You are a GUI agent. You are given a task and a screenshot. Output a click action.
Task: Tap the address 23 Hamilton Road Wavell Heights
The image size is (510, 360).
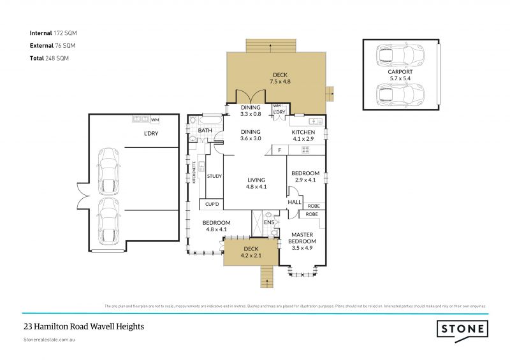coord(83,326)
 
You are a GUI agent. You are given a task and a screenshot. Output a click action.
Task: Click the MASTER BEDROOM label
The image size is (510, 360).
coord(302,238)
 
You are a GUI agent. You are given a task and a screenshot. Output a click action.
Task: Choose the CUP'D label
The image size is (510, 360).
coord(212,205)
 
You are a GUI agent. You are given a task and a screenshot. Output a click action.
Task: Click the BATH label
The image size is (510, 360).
coord(205,131)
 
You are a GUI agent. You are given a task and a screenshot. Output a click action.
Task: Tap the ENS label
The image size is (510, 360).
coord(268,223)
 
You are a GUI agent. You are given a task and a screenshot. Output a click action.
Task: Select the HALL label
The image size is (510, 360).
coord(295,202)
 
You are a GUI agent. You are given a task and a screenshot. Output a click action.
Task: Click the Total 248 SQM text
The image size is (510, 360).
coord(48,58)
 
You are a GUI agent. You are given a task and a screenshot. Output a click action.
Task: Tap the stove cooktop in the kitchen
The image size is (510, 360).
coord(305,150)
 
